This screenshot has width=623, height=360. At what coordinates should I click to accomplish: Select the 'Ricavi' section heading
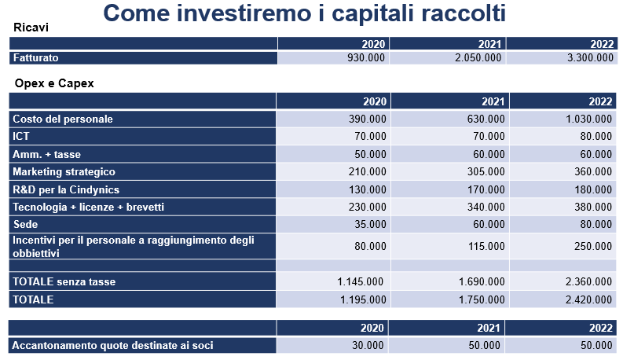(x=31, y=28)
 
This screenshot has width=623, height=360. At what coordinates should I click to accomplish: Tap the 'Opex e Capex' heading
(x=54, y=83)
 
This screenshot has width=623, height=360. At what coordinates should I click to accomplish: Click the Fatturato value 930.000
(x=366, y=58)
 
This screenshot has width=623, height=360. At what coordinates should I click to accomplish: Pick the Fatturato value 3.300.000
(x=591, y=58)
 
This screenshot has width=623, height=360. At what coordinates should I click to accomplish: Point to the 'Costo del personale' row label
(x=63, y=119)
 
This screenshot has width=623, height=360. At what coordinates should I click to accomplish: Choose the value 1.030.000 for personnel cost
(x=589, y=119)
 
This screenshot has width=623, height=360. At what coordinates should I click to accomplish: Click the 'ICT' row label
(x=21, y=136)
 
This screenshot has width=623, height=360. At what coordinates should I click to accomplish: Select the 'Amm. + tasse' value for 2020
(x=370, y=154)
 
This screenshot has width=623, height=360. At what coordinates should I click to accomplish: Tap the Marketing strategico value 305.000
(x=486, y=171)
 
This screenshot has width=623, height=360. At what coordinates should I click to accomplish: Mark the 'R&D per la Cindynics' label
(x=66, y=189)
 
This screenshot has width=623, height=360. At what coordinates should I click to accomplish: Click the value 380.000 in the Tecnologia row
(x=593, y=207)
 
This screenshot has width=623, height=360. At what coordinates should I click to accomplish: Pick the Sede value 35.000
(x=370, y=225)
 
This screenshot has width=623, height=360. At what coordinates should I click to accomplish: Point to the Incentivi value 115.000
(x=486, y=246)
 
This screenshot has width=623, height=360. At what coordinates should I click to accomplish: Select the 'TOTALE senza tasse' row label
(x=64, y=281)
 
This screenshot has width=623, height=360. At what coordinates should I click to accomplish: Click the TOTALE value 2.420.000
(x=589, y=299)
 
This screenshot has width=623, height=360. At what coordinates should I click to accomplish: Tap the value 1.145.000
(x=361, y=281)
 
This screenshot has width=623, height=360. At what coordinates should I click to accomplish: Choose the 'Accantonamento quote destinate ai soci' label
(x=112, y=345)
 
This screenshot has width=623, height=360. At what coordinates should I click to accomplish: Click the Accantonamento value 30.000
(x=368, y=345)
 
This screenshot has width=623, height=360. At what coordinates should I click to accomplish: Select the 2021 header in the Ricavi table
(x=489, y=44)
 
